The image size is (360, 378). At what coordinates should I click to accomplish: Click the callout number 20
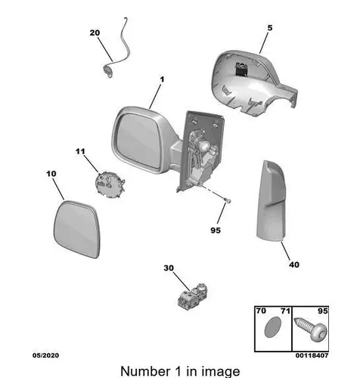point(95,33)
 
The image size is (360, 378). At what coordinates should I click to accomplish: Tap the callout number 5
point(270,28)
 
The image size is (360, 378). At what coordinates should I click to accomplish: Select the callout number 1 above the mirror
point(162,79)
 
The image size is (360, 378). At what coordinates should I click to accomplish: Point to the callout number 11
point(80,151)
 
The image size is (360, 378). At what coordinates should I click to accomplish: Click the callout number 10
point(51,174)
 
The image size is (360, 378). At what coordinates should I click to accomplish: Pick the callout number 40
point(294,265)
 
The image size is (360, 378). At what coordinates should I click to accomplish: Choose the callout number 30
point(169,268)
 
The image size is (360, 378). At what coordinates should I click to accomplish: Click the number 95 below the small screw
point(216,231)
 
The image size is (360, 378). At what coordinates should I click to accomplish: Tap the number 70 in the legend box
point(261,311)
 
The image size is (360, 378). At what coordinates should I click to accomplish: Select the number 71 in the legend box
point(285,311)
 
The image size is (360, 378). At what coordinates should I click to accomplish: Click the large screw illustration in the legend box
point(311,329)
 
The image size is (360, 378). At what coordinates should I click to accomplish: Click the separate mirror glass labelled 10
point(77,229)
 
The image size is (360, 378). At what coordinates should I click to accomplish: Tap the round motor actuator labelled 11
point(110,184)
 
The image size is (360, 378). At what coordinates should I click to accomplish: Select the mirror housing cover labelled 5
point(253,83)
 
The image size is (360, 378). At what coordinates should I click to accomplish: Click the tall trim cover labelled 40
point(271,200)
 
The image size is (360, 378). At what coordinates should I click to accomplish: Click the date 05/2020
point(45,355)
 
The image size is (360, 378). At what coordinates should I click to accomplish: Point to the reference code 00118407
point(312,355)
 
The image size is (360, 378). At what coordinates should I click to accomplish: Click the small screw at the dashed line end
point(228,201)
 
